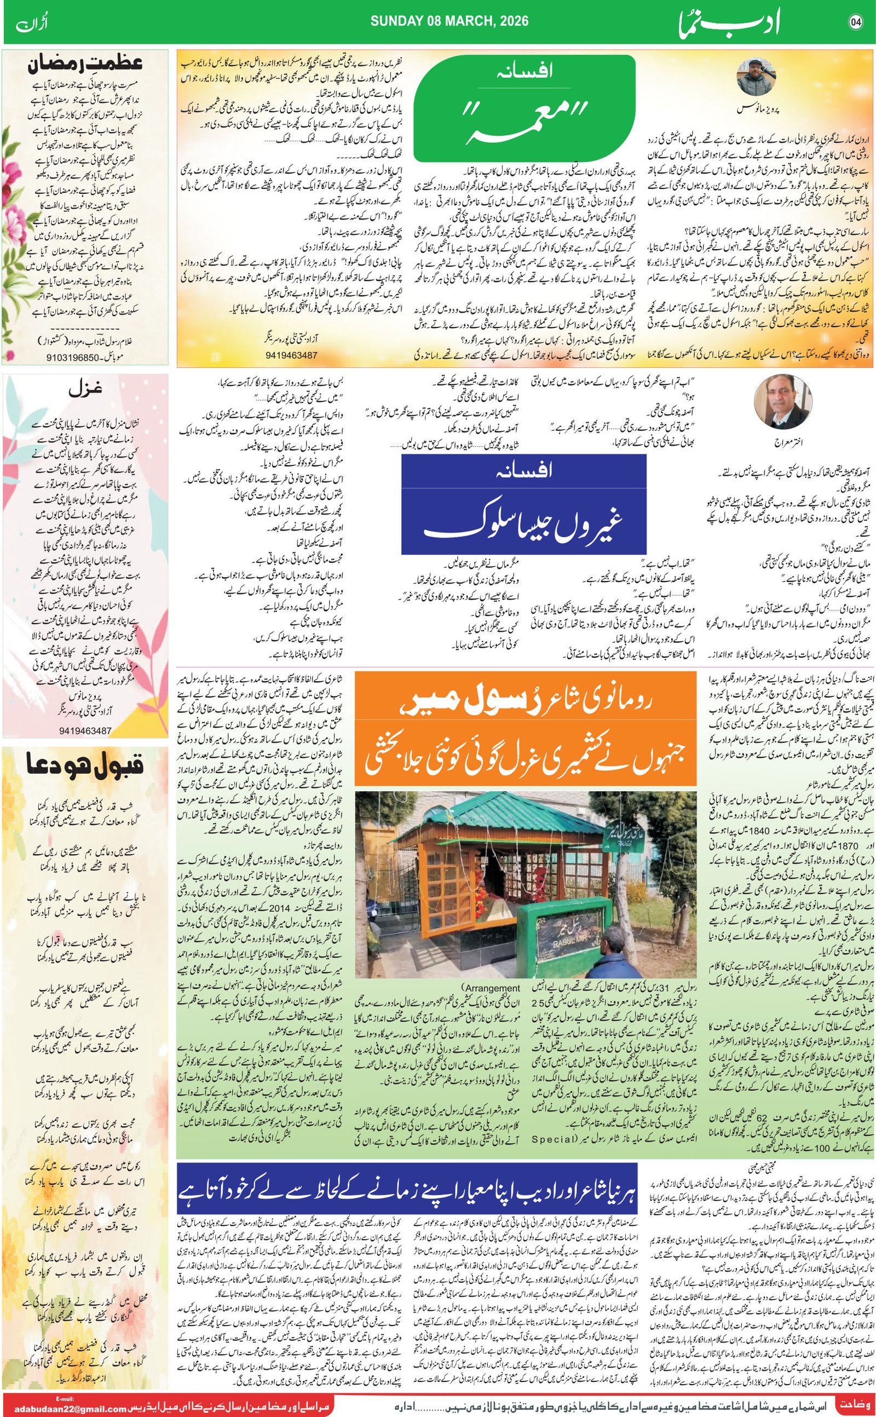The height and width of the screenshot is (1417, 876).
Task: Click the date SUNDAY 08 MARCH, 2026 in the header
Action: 449,21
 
